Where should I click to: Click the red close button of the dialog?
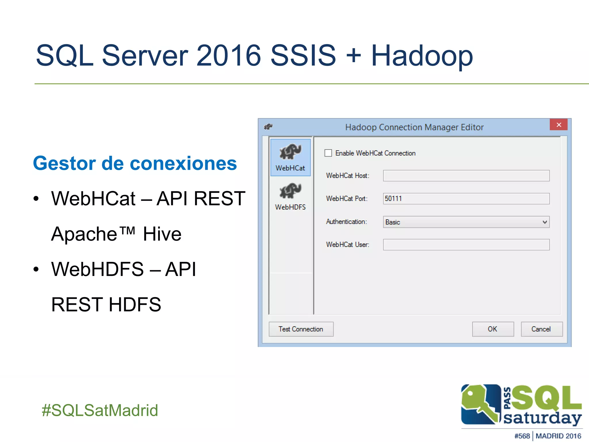pos(559,125)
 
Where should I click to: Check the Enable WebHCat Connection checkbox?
pos(328,153)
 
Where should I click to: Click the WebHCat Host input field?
pos(466,176)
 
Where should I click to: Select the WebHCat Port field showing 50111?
pos(466,199)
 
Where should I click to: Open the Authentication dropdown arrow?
pos(544,222)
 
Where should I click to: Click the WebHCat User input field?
pos(466,245)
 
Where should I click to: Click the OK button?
pos(493,329)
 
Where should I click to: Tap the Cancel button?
pos(541,329)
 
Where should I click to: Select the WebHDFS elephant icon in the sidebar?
pos(290,191)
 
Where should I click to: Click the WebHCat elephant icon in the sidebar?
pos(290,152)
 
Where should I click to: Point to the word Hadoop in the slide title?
pos(422,56)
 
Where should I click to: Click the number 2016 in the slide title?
pos(228,56)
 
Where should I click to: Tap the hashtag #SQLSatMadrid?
pos(100,410)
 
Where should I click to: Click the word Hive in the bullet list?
pos(162,234)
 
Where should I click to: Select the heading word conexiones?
pos(183,163)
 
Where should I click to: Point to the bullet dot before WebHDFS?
pos(36,269)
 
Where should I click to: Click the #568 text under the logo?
pos(522,436)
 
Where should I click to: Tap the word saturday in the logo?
pos(542,418)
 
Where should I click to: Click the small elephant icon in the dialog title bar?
pos(268,127)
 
